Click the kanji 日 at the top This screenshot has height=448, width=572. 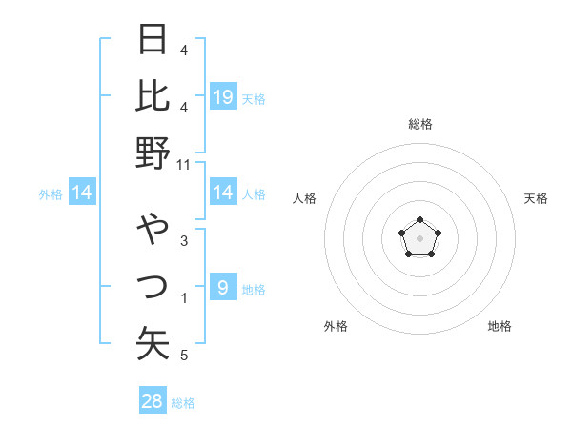click(x=153, y=39)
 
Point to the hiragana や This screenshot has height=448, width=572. click(x=153, y=230)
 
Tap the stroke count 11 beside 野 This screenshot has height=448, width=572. click(x=184, y=165)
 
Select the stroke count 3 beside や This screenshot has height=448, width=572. click(x=184, y=241)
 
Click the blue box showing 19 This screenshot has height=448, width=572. click(x=223, y=97)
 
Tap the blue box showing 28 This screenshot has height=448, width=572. click(x=153, y=401)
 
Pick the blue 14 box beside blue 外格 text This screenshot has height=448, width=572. click(x=82, y=193)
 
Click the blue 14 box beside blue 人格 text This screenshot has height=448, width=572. click(x=223, y=193)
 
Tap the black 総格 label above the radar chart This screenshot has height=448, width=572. click(x=419, y=124)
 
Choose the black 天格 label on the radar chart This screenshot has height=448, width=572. click(x=536, y=198)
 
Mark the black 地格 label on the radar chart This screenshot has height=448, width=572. click(x=500, y=326)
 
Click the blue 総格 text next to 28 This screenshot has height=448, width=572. click(x=183, y=403)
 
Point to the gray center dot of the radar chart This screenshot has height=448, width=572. click(x=419, y=237)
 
